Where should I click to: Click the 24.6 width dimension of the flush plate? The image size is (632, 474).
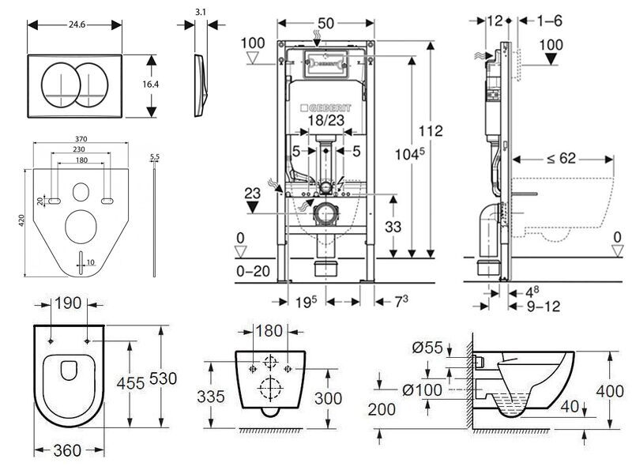[x=76, y=24]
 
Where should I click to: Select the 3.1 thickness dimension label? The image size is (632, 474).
[x=201, y=12]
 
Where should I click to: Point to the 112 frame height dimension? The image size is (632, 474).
[x=431, y=131]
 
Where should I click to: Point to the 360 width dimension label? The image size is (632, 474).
[x=69, y=450]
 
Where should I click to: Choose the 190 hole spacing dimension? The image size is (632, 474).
[x=68, y=304]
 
